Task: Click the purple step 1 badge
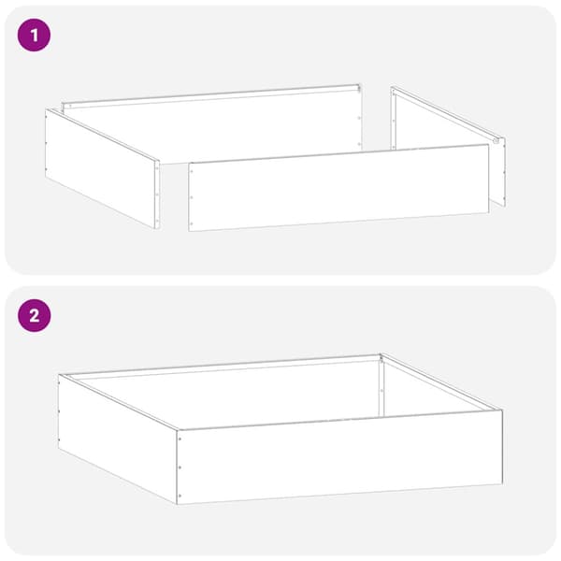[x=34, y=36]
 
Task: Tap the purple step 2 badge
[x=34, y=316]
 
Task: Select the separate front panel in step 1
[x=338, y=188]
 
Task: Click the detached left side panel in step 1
[x=102, y=168]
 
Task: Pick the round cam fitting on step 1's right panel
[x=496, y=141]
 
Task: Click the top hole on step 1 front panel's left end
[x=192, y=171]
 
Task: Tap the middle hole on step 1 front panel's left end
[x=192, y=197]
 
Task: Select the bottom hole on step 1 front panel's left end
[x=192, y=223]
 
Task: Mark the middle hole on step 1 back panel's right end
[x=359, y=118]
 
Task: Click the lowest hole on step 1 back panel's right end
[x=359, y=144]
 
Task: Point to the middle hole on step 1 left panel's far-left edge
[x=46, y=143]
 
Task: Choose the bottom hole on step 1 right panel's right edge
[x=504, y=198]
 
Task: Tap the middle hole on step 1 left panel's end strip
[x=157, y=195]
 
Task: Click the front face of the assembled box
[x=340, y=457]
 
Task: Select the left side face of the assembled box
[x=118, y=439]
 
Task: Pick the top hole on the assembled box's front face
[x=180, y=439]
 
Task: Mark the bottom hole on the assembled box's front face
[x=180, y=496]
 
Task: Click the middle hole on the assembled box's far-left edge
[x=60, y=411]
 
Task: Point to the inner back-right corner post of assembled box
[x=381, y=387]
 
